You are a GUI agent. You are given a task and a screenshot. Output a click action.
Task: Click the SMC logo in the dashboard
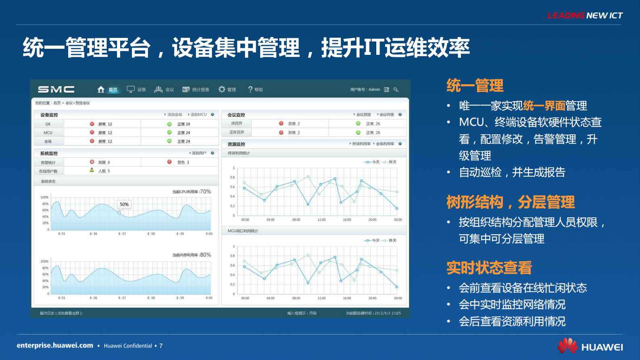[x=56, y=89]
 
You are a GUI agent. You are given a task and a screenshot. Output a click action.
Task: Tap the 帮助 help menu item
[x=256, y=89]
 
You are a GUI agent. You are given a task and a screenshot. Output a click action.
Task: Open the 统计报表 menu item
[x=196, y=89]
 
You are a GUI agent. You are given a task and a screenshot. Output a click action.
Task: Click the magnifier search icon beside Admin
[x=396, y=89]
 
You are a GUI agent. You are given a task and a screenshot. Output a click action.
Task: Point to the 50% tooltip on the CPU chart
[x=124, y=204]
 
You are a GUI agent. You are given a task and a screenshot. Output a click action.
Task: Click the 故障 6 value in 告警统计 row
[x=103, y=162]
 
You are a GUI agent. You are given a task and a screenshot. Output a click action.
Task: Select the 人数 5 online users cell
[x=103, y=171]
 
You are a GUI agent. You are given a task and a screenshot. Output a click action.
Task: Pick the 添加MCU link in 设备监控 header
[x=198, y=114]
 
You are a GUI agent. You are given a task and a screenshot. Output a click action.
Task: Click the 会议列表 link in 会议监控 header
[x=386, y=114]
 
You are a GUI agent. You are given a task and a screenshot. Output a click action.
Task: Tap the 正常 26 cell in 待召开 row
[x=372, y=124]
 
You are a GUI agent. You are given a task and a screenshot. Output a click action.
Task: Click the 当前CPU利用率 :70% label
[x=192, y=191]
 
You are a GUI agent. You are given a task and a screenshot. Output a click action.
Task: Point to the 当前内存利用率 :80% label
[x=192, y=255]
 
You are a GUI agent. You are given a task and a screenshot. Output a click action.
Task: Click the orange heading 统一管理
[x=475, y=85]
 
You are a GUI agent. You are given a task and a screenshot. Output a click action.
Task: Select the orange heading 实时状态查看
[x=489, y=268]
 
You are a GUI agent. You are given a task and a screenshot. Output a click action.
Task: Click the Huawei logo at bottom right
[x=590, y=346]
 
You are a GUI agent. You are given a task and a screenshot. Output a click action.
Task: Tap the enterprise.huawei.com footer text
[x=55, y=345]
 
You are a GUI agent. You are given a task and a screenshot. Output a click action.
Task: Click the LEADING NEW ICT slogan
[x=585, y=16]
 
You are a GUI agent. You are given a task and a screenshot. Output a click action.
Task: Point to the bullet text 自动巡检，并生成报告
[x=512, y=172]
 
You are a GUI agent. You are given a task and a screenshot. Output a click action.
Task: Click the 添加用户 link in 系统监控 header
[x=198, y=153]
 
